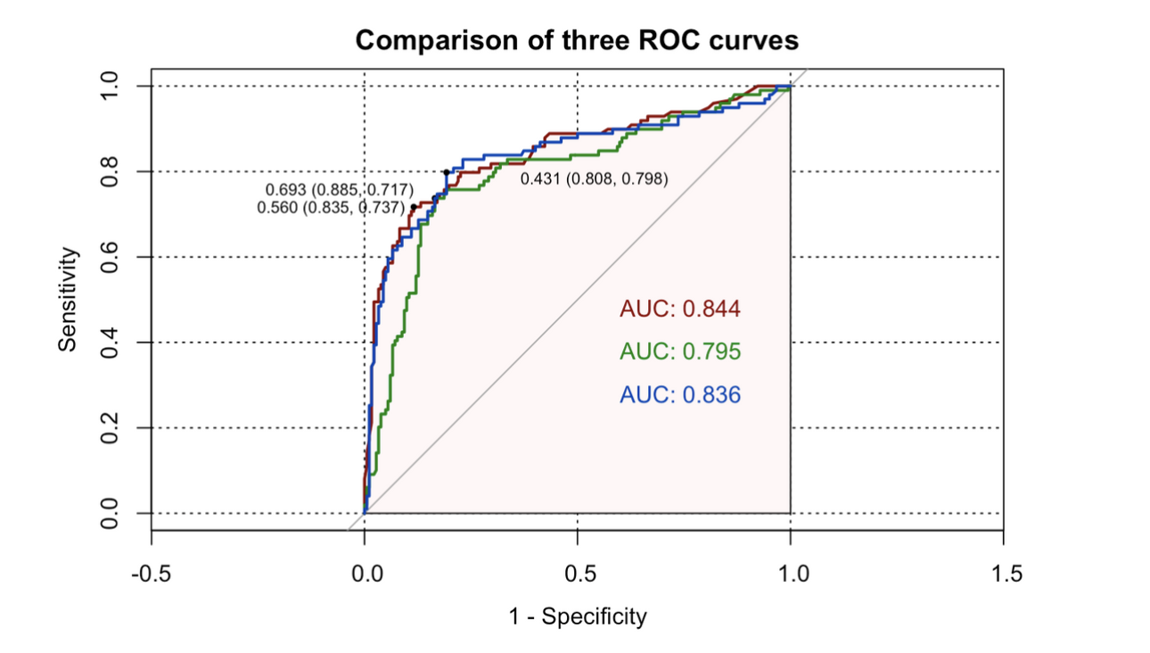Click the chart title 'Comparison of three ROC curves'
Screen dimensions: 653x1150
click(577, 41)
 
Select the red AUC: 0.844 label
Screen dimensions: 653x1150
click(680, 310)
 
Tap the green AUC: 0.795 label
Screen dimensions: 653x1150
click(680, 352)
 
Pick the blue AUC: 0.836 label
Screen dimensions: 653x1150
click(680, 394)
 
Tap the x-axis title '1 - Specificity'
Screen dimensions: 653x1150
click(577, 616)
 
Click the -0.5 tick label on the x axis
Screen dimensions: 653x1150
click(151, 572)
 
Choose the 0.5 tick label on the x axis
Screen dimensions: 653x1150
click(578, 572)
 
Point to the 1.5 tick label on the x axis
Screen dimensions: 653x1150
click(1004, 572)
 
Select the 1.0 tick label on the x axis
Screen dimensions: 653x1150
click(791, 572)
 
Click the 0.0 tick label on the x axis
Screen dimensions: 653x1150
click(365, 572)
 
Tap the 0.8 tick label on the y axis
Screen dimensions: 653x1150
click(109, 171)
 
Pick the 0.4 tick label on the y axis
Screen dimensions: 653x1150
click(109, 343)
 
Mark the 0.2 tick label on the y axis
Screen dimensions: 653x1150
click(109, 428)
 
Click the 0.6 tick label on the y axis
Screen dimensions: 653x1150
click(109, 257)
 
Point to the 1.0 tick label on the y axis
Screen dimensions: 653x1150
click(109, 86)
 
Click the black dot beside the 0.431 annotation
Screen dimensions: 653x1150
click(447, 172)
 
